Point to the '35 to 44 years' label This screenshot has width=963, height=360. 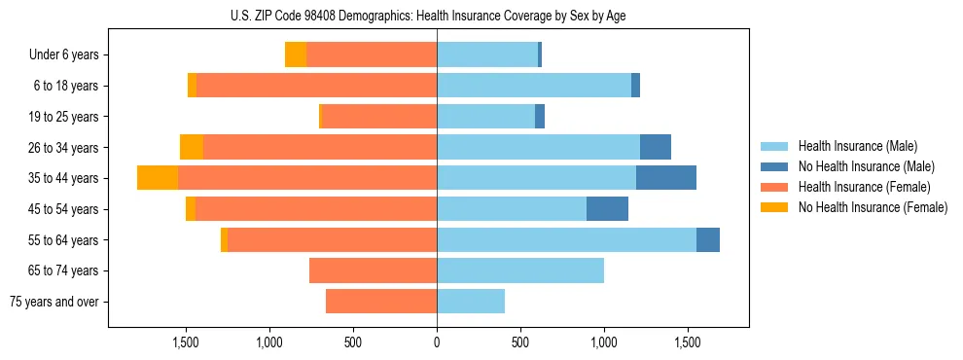(64, 178)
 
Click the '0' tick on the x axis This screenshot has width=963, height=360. (437, 342)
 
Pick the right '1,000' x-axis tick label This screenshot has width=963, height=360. (603, 342)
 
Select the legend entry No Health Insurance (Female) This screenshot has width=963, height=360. (873, 207)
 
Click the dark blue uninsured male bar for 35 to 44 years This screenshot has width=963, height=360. (666, 178)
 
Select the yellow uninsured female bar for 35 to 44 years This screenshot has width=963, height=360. (158, 178)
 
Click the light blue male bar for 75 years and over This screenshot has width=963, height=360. (471, 302)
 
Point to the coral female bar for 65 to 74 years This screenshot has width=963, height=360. (373, 270)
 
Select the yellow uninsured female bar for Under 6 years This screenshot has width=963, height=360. (296, 54)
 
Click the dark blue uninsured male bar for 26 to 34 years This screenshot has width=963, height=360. (656, 147)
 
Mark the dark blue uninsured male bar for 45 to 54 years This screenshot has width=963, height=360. (608, 209)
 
